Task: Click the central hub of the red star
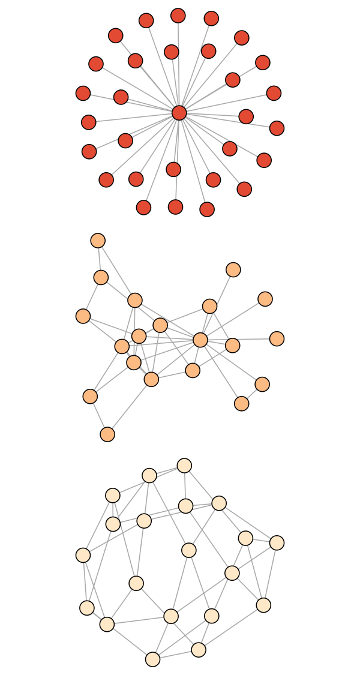coord(179,113)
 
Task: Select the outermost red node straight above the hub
coord(178,16)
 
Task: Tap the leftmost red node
coord(83,93)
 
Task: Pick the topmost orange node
coord(98,241)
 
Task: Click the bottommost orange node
coord(107,434)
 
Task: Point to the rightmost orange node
coord(277,339)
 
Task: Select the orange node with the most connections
coord(200,340)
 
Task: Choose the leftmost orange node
coord(83,316)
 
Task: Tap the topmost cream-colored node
coord(184,466)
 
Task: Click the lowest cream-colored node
coord(153,659)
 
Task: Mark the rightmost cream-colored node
coord(277,543)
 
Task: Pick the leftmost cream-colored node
coord(83,556)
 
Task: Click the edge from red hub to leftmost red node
coord(131,103)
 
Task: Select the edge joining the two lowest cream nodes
coord(176,655)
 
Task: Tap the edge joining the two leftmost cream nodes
coord(85,582)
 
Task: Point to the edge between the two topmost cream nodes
coord(167,470)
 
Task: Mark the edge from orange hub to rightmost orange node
coord(239,340)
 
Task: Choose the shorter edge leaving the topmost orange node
coord(100,259)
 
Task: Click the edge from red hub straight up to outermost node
coord(178,64)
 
